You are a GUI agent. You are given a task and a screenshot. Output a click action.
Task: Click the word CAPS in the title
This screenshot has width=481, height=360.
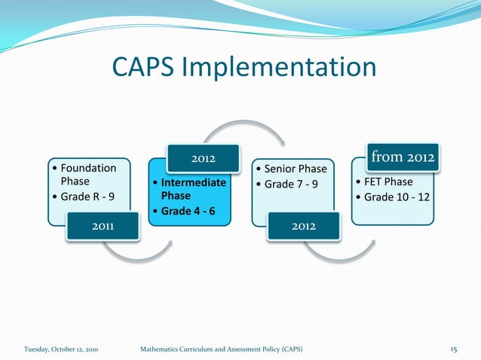point(144,67)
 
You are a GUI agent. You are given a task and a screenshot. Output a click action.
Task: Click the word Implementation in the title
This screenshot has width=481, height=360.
point(278,69)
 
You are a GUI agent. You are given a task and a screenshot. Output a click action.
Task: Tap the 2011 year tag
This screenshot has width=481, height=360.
point(103,227)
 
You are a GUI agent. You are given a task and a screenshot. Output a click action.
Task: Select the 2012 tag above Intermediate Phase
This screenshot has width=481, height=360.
point(203,158)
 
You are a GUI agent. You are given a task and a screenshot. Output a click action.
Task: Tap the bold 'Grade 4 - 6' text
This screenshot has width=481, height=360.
point(186,211)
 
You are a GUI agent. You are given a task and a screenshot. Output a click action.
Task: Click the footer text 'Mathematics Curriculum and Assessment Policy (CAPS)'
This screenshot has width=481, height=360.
point(222,349)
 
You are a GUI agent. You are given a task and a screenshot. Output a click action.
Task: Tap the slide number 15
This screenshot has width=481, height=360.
point(454,349)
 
